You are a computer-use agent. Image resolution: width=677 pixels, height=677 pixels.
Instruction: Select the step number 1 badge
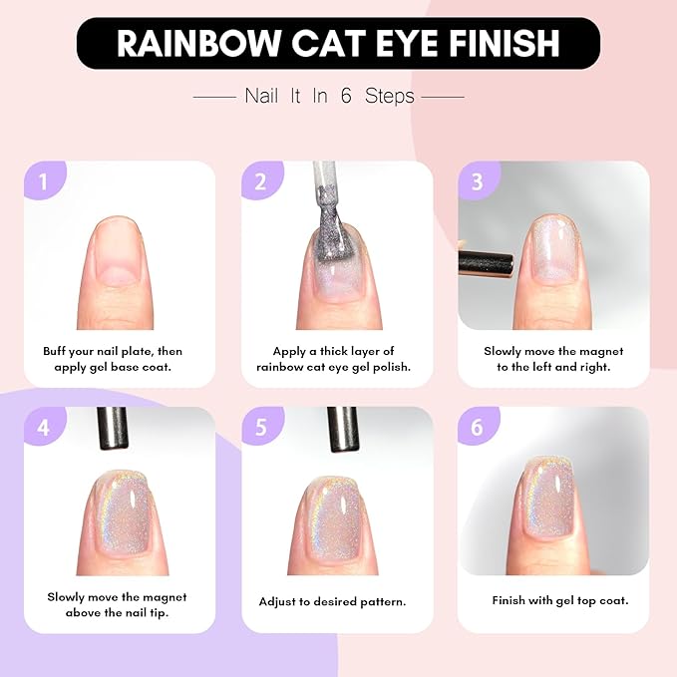(x=41, y=181)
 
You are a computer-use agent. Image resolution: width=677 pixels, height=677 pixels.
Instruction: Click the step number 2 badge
(x=260, y=181)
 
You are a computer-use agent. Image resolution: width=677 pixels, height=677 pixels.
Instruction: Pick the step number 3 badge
(x=477, y=181)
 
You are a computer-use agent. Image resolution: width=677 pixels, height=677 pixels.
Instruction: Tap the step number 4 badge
(x=43, y=427)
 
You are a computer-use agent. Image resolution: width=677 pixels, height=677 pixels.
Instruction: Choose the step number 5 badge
(x=260, y=427)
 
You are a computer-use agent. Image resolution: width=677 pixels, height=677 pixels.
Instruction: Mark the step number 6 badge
(x=477, y=427)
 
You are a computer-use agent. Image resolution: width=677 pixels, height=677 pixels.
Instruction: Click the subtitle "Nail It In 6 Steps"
(x=329, y=97)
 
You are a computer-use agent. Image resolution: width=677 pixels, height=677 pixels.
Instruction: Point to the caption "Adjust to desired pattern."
(x=332, y=602)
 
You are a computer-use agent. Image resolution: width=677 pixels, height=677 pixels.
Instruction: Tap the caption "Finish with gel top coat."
(x=559, y=601)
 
